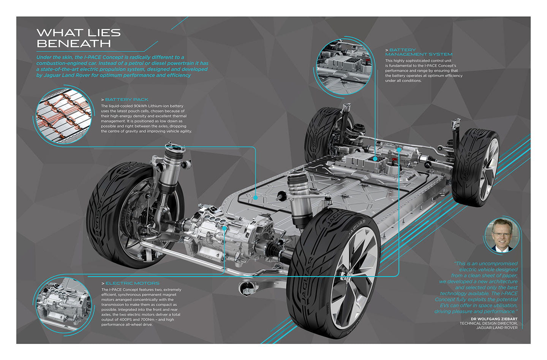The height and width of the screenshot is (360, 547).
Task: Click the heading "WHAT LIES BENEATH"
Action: pos(78,38)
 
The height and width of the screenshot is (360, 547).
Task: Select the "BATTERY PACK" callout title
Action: pos(127,100)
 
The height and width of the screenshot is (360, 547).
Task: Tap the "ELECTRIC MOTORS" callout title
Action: pos(132,283)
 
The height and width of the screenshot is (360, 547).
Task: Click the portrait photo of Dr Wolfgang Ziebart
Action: pos(501,235)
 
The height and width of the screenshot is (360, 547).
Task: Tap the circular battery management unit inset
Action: pos(344,68)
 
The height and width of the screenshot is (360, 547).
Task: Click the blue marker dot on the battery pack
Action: pos(256,197)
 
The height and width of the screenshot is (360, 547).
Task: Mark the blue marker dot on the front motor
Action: pos(225,228)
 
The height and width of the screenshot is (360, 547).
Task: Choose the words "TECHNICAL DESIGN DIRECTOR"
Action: pos(488,324)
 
